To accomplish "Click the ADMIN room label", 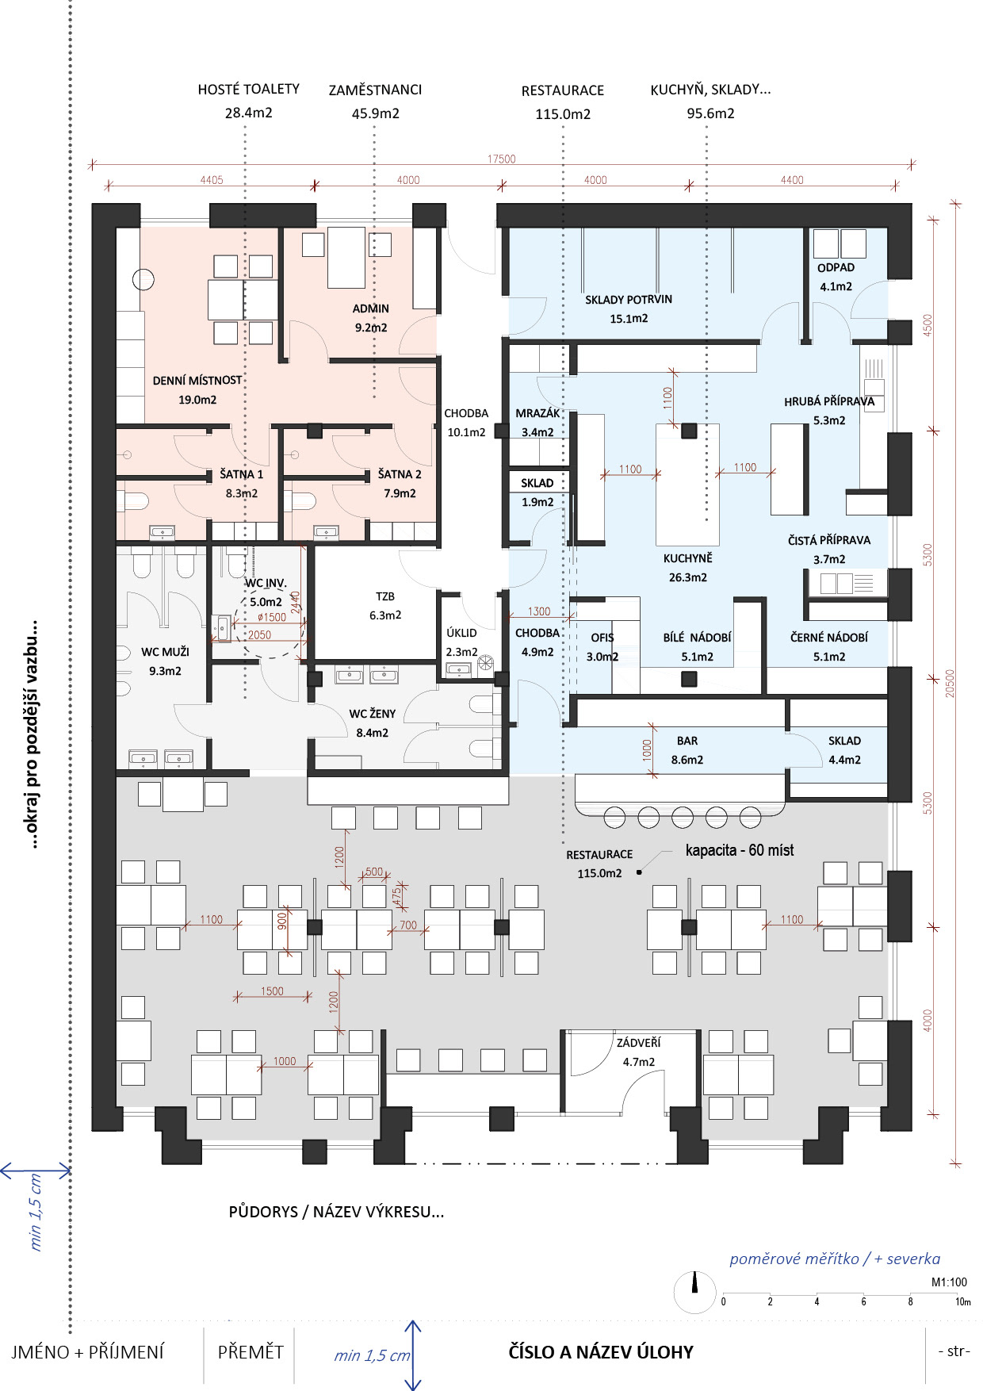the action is pyautogui.click(x=371, y=308).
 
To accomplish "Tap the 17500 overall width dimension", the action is pyautogui.click(x=501, y=159).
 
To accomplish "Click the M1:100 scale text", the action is pyautogui.click(x=949, y=1282).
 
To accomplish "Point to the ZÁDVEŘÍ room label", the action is pyautogui.click(x=638, y=1043).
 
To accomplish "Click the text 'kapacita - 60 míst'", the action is pyautogui.click(x=739, y=850).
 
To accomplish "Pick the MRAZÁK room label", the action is pyautogui.click(x=537, y=413).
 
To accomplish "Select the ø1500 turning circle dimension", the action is pyautogui.click(x=272, y=617).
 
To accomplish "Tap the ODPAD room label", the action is pyautogui.click(x=836, y=267).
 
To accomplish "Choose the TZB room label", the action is pyautogui.click(x=385, y=596).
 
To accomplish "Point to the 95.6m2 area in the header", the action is pyautogui.click(x=710, y=113).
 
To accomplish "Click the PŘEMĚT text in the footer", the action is pyautogui.click(x=251, y=1351).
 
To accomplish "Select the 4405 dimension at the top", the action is pyautogui.click(x=212, y=180).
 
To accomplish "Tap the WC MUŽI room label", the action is pyautogui.click(x=165, y=652).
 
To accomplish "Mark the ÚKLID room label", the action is pyautogui.click(x=461, y=633).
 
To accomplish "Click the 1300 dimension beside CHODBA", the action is pyautogui.click(x=539, y=611).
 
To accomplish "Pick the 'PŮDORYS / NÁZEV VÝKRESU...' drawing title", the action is pyautogui.click(x=336, y=1212).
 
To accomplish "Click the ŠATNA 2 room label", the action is pyautogui.click(x=400, y=474).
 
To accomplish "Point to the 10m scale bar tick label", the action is pyautogui.click(x=962, y=1301).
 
